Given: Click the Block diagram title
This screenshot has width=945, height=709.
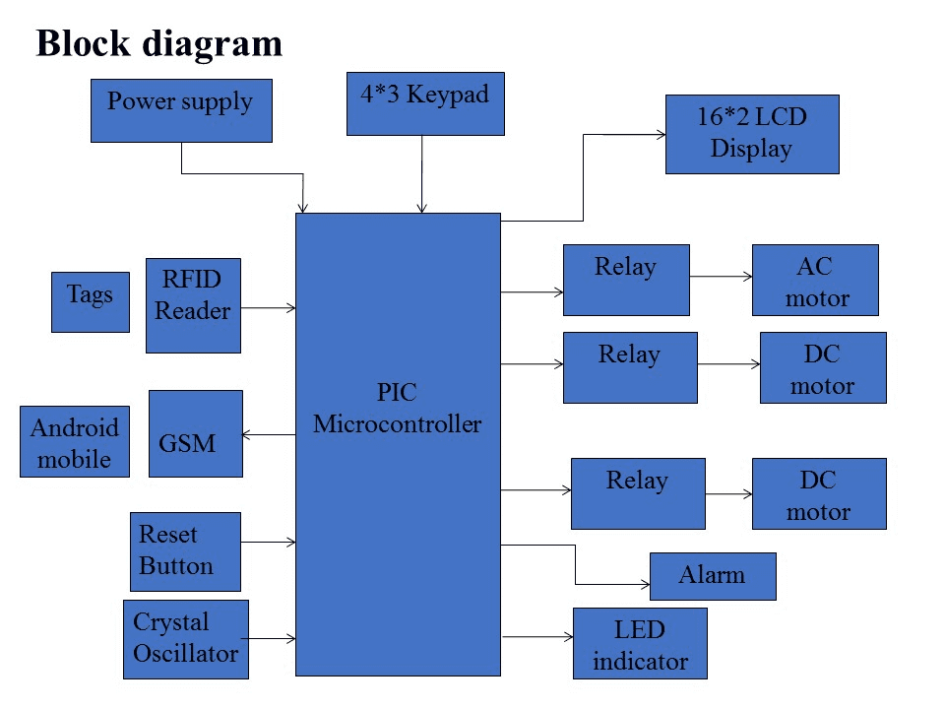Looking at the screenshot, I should (x=159, y=43).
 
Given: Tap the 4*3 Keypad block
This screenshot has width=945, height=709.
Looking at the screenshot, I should (x=425, y=103).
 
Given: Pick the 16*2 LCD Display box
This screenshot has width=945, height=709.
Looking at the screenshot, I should (x=752, y=134).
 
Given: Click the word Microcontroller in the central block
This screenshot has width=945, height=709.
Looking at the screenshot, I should (x=398, y=425).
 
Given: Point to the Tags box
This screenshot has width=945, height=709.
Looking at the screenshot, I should (x=90, y=301).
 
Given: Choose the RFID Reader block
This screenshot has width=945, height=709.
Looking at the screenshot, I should (x=193, y=305).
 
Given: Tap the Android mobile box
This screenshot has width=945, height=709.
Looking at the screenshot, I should (x=75, y=442).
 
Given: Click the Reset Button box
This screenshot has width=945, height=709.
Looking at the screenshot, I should (x=185, y=551).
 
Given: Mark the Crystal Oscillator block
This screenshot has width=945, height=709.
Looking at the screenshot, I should (x=186, y=639).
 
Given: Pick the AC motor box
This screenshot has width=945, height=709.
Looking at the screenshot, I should (x=815, y=281).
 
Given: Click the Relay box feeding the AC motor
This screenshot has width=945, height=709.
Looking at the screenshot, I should (x=626, y=281).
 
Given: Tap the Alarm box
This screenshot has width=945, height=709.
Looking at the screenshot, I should (x=713, y=576).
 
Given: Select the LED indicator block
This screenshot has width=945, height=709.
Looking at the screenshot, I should (x=640, y=644).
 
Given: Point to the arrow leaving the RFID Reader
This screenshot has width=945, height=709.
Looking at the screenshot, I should (x=268, y=308).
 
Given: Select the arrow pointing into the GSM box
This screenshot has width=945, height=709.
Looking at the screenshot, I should (x=269, y=435).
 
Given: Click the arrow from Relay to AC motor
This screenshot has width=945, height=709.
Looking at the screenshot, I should (x=721, y=278).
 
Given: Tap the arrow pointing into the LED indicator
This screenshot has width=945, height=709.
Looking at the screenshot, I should (x=537, y=638).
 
